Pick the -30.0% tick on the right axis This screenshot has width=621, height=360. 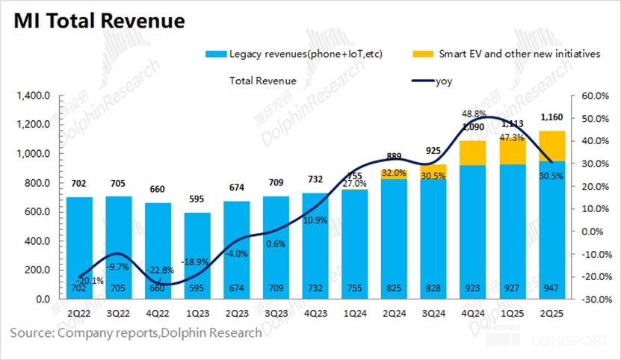585,300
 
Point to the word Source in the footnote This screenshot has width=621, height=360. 30,332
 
